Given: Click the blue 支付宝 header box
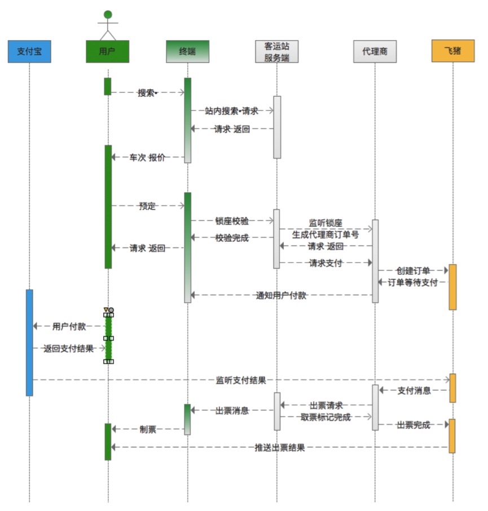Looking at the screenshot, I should click(29, 51).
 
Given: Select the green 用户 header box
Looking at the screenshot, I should click(108, 51).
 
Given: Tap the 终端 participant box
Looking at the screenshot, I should click(187, 51).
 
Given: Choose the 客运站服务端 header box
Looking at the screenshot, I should click(276, 51).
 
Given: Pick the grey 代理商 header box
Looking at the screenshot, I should click(375, 51).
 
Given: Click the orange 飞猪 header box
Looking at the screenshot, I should click(452, 51).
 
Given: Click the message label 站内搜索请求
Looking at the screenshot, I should click(232, 111).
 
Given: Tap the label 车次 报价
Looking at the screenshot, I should click(148, 158).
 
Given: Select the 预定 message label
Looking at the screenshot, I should click(147, 206).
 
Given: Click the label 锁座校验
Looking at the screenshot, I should click(232, 221).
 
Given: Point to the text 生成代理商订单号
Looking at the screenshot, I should click(326, 234).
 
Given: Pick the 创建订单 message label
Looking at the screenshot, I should click(413, 271).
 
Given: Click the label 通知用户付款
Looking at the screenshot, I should click(281, 295).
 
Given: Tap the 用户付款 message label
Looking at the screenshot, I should click(69, 326).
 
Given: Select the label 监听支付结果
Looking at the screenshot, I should click(241, 380).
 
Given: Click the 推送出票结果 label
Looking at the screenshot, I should click(280, 448).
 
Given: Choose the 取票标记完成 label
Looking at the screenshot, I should click(326, 417).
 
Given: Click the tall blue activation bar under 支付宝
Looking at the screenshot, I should click(29, 342).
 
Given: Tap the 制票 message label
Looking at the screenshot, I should click(148, 430).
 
